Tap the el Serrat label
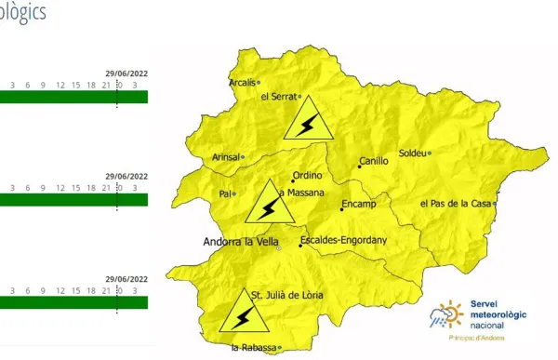[x=277, y=97]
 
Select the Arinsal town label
[x=225, y=157]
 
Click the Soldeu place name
[x=411, y=153]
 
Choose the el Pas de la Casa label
[x=456, y=203]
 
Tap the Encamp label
[x=358, y=203]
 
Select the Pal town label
[x=224, y=193]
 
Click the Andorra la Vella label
[x=241, y=242]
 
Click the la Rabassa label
[x=254, y=348]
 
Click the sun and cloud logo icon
[x=445, y=317]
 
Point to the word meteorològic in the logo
[x=498, y=314]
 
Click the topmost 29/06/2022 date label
[x=126, y=73]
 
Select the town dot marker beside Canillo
[x=360, y=167]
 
